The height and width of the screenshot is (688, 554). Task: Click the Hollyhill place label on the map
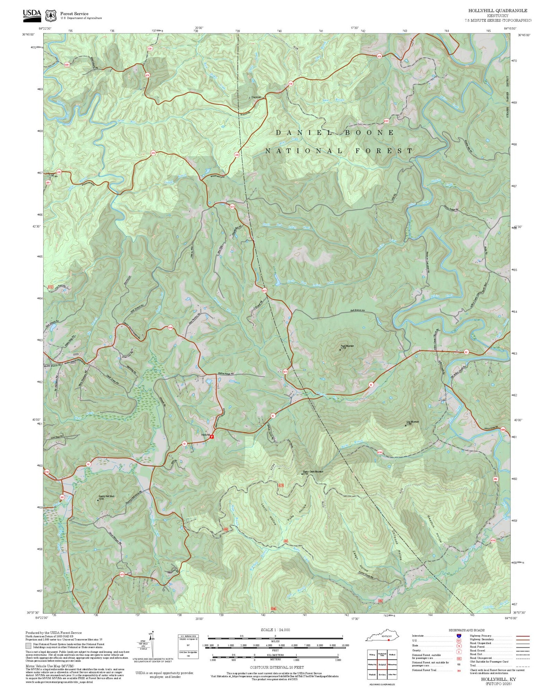[205, 435]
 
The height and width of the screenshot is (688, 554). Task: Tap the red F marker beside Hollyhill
[212, 436]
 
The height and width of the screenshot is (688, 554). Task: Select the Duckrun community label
[256, 97]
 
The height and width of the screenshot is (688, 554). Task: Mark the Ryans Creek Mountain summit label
[313, 472]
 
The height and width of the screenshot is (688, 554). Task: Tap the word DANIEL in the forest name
[304, 133]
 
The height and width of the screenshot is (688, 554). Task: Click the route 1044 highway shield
[170, 328]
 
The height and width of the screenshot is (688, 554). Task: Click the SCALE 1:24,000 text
[275, 630]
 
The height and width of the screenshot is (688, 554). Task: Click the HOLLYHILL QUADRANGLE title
[497, 11]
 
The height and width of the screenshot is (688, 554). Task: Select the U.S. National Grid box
[188, 647]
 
